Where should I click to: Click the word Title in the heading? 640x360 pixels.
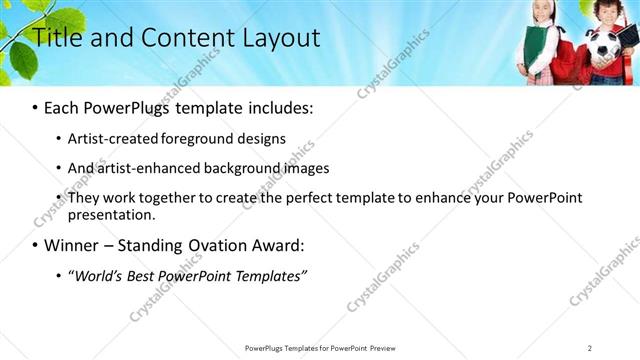pyautogui.click(x=57, y=39)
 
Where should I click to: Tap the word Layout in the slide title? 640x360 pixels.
pyautogui.click(x=280, y=39)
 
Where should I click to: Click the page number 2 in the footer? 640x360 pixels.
pyautogui.click(x=590, y=347)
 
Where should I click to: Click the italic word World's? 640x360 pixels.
pyautogui.click(x=99, y=275)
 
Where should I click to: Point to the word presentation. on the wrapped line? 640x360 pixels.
pyautogui.click(x=111, y=214)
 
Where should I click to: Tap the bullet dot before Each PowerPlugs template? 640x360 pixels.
pyautogui.click(x=36, y=107)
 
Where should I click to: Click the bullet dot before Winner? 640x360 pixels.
pyautogui.click(x=36, y=245)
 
